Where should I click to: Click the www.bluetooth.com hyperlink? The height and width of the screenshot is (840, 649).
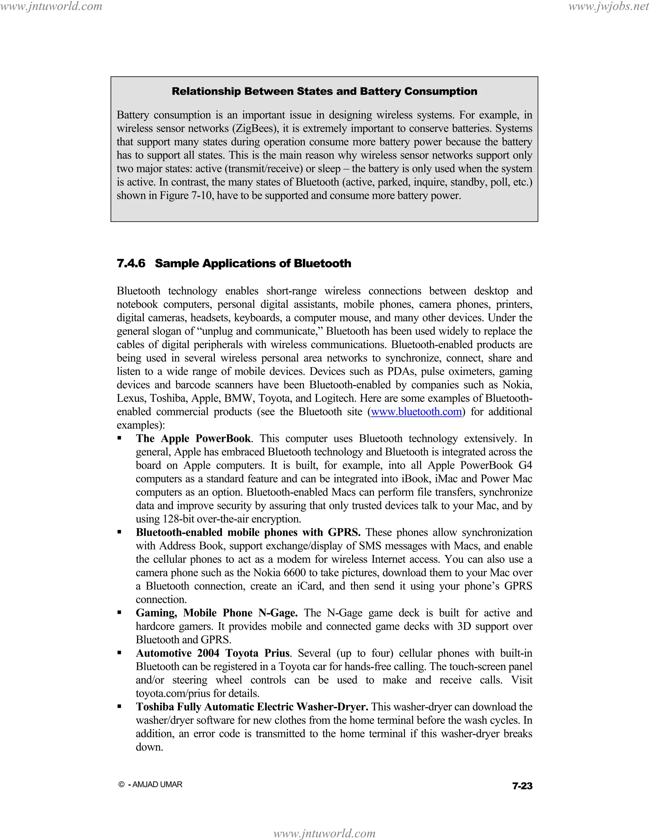pyautogui.click(x=416, y=412)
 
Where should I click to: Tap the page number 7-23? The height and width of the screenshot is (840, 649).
pyautogui.click(x=522, y=786)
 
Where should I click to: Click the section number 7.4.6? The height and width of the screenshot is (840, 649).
pyautogui.click(x=131, y=263)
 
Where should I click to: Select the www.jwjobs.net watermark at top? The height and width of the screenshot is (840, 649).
pyautogui.click(x=608, y=7)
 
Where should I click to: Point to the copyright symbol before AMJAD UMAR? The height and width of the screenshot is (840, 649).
pyautogui.click(x=121, y=785)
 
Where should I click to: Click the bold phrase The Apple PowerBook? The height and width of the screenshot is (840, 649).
pyautogui.click(x=193, y=438)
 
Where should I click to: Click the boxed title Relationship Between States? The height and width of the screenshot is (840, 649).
pyautogui.click(x=324, y=91)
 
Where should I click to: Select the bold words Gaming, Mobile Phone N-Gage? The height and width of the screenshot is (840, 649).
pyautogui.click(x=216, y=613)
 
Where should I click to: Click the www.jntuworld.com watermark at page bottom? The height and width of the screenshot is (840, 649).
pyautogui.click(x=324, y=833)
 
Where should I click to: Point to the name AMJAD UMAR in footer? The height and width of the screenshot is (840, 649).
pyautogui.click(x=157, y=785)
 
